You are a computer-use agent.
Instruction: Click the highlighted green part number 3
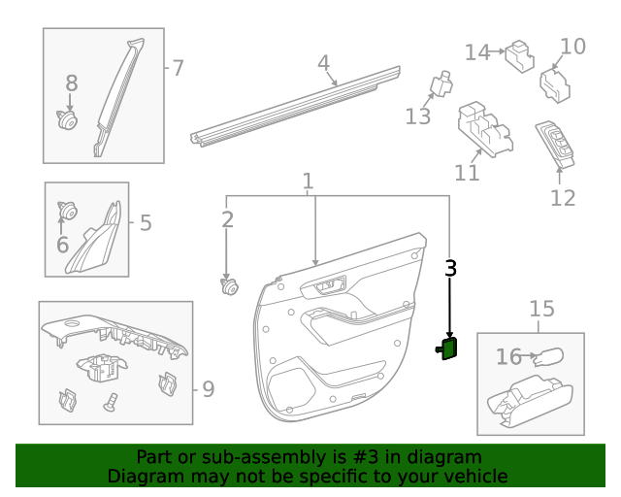[450, 348]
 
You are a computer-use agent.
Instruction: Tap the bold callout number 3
[450, 269]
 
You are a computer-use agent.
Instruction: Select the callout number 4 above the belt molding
[324, 63]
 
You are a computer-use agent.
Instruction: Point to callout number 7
[178, 68]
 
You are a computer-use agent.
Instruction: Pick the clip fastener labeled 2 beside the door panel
[229, 286]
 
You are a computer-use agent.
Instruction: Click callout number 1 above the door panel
[308, 181]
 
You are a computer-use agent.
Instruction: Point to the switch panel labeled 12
[556, 144]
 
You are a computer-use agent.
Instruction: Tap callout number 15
[541, 309]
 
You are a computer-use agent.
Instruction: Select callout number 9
[208, 389]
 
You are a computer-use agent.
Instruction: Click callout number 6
[62, 245]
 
